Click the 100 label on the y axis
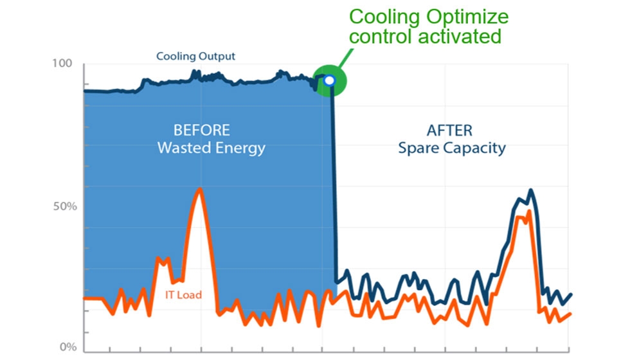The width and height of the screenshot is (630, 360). coord(65,64)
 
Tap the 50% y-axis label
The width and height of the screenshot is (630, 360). coord(64,207)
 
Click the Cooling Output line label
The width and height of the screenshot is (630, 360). coord(196,57)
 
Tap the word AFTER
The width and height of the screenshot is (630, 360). coord(449,130)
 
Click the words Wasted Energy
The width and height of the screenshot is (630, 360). coord(211,148)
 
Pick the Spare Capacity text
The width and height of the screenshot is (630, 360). coord(451,148)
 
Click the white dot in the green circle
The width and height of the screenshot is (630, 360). coord(329,80)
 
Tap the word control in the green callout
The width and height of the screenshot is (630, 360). coord(377,37)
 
